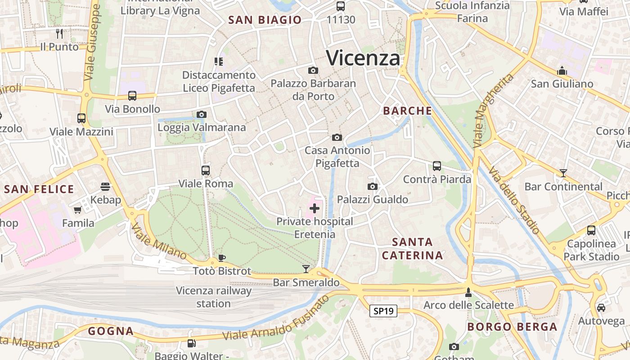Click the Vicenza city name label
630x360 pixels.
[363, 58]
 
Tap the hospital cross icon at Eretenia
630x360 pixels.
[315, 208]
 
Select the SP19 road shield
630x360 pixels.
[383, 311]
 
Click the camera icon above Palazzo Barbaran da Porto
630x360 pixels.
[313, 71]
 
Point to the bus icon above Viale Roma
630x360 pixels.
[206, 171]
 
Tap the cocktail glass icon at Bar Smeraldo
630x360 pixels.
[306, 269]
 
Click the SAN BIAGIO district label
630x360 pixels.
[265, 20]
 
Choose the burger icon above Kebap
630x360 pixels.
[105, 187]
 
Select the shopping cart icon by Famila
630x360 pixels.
[78, 210]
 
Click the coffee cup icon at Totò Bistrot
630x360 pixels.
[221, 258]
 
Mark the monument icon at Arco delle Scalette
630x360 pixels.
[468, 292]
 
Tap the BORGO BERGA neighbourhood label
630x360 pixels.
[512, 327]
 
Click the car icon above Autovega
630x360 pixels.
[601, 308]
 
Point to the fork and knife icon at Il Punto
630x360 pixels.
[59, 33]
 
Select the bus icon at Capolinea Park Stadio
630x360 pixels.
[591, 230]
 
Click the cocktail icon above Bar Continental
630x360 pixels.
[563, 173]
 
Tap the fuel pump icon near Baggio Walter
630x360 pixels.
[191, 343]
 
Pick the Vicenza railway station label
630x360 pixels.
[214, 297]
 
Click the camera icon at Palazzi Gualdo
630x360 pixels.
[373, 186]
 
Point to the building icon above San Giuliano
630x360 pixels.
[562, 71]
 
